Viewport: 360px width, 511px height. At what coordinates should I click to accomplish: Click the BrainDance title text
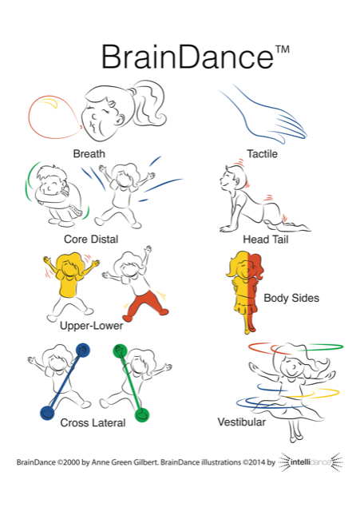[188, 57]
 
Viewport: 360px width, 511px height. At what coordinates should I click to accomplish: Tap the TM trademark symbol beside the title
[283, 50]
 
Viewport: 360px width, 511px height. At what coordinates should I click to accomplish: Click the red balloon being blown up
[53, 117]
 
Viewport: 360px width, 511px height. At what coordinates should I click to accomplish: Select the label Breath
[89, 153]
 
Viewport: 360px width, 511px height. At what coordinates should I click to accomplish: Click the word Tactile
[263, 153]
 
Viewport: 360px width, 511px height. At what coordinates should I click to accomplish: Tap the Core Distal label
[91, 239]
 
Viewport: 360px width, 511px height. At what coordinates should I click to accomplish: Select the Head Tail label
[266, 240]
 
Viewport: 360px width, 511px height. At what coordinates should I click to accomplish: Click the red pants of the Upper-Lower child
[145, 303]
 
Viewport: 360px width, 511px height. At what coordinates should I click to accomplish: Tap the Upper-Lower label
[92, 326]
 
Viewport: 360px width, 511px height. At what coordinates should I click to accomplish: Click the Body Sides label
[291, 298]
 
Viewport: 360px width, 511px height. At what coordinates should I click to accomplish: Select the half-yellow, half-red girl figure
[245, 291]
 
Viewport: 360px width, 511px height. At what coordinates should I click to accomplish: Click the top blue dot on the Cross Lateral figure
[83, 351]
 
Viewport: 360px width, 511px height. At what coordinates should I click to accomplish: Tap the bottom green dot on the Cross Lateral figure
[142, 414]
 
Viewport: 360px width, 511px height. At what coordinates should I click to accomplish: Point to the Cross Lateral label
[93, 422]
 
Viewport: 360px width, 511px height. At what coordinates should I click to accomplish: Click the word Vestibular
[241, 422]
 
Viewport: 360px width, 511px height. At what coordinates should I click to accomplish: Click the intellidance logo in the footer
[311, 461]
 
